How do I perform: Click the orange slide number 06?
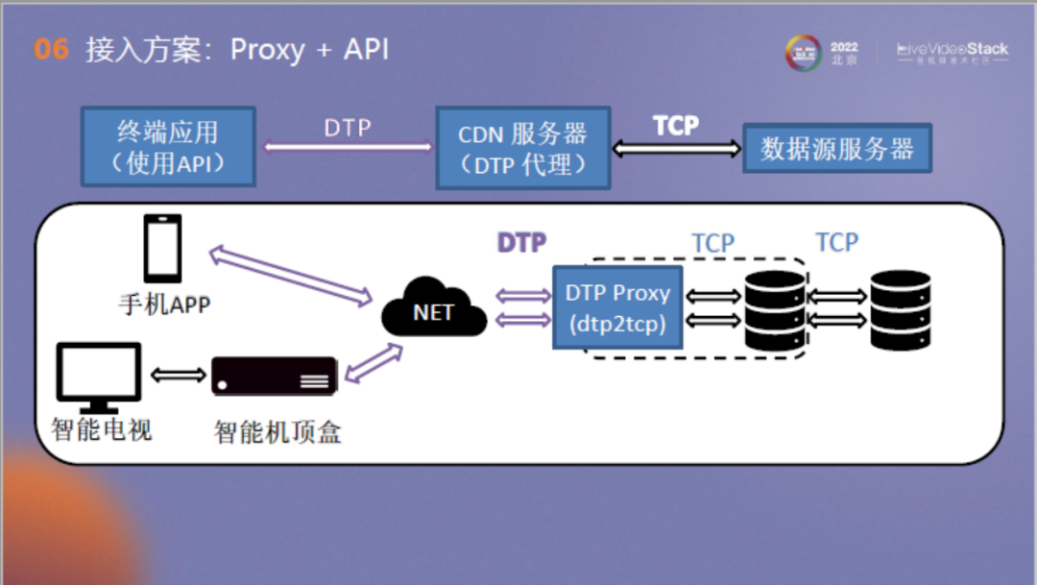tap(52, 50)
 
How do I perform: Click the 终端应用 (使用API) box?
tap(168, 145)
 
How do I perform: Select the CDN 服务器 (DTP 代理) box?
tap(522, 147)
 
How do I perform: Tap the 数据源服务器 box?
tap(836, 148)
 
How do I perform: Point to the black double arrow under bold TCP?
tap(677, 149)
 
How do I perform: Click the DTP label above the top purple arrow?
tap(347, 129)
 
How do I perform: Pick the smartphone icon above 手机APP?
tap(162, 249)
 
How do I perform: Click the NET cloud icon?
tap(434, 308)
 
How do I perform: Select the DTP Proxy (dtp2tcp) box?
tap(616, 307)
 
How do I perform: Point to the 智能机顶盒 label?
tap(277, 432)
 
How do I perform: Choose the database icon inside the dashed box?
tap(774, 309)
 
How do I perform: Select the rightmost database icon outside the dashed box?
tap(900, 309)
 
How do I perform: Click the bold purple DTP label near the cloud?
tap(521, 243)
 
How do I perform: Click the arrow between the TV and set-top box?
tap(176, 374)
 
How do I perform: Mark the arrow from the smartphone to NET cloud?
tap(291, 275)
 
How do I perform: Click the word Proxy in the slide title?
tap(269, 50)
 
